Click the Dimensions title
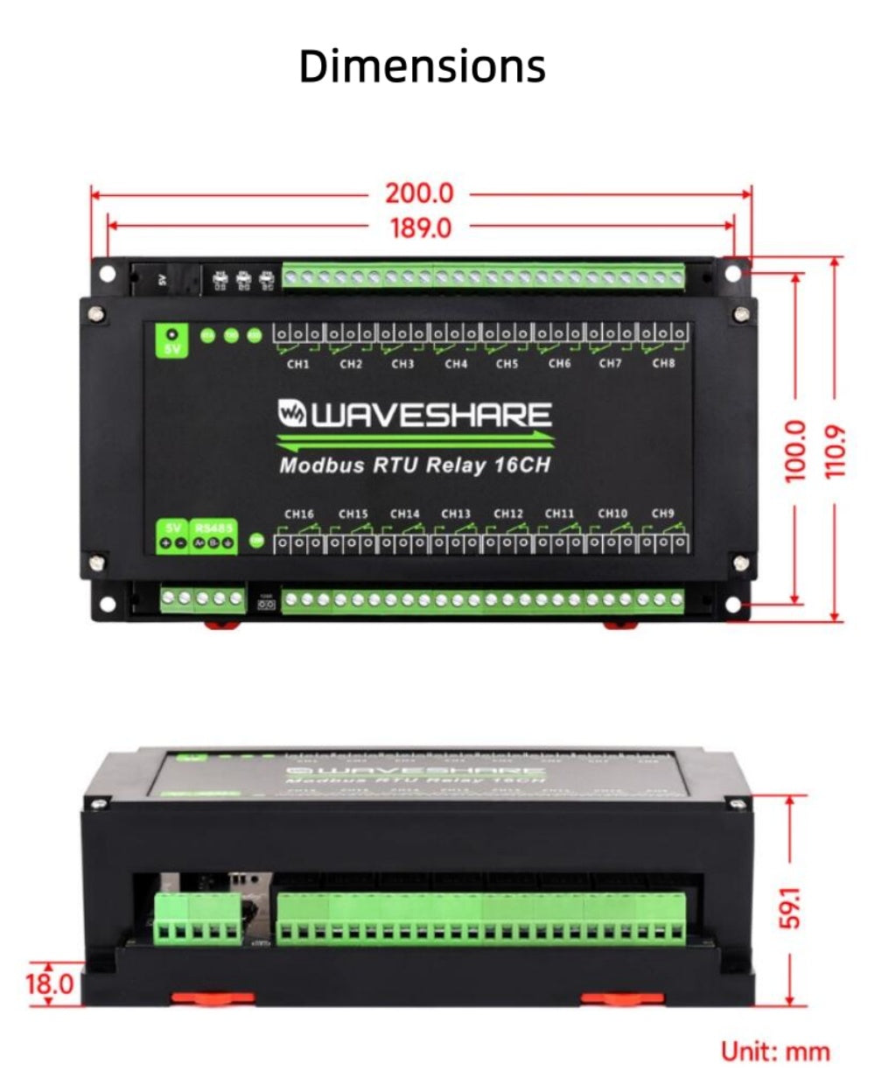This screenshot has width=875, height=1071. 422,66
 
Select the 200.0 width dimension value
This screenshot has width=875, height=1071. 421,192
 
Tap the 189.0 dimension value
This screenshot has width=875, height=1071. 421,227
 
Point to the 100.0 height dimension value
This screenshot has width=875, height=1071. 794,450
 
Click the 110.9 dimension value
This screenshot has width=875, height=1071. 836,450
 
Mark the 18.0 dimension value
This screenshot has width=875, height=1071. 49,983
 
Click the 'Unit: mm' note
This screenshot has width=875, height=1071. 774,1050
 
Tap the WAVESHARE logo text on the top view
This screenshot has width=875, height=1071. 415,415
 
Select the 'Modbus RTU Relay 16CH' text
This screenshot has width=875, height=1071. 415,465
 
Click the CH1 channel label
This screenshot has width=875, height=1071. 298,364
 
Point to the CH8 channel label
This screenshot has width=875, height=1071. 663,363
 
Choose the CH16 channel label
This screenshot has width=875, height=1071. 300,514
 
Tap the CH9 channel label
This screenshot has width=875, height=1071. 663,514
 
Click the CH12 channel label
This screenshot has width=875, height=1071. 508,514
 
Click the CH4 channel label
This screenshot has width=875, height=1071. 455,364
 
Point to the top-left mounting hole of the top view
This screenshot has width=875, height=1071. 107,273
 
